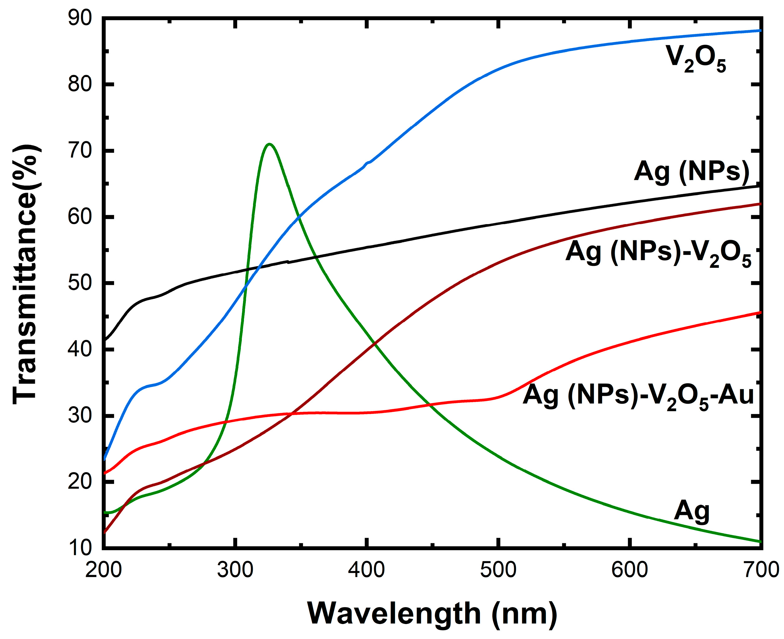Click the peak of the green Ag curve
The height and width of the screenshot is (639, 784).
click(269, 144)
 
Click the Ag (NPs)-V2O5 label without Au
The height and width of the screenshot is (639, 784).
click(658, 253)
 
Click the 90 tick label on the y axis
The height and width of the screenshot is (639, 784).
click(79, 18)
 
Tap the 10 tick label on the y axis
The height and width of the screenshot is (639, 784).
click(79, 548)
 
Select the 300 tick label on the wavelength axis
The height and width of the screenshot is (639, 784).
click(235, 570)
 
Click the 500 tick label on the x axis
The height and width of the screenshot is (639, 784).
click(498, 570)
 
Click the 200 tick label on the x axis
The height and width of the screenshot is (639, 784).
click(103, 570)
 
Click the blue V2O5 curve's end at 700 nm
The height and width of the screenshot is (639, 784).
click(760, 31)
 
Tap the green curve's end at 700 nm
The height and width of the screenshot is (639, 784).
click(760, 541)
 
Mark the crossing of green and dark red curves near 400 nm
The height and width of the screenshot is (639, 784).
click(375, 344)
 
